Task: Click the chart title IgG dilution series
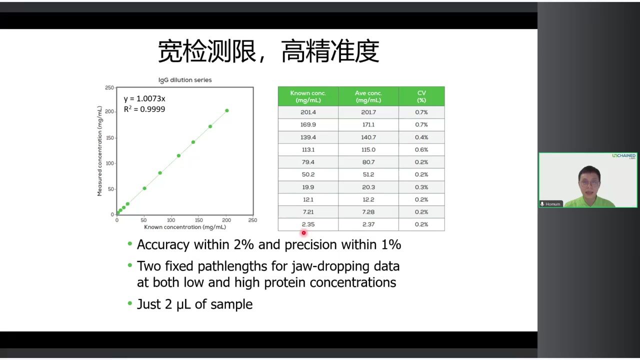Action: pos(185,80)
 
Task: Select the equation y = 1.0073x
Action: pos(144,98)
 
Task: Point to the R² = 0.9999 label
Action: pos(144,109)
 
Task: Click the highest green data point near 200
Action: pos(227,110)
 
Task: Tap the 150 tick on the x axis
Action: pos(198,220)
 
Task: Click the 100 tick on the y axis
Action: pos(109,163)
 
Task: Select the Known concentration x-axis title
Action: pos(185,227)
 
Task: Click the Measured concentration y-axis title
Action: pos(99,151)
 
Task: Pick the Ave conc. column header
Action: pos(368,96)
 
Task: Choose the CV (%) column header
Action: pos(421,96)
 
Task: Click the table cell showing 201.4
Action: pos(308,112)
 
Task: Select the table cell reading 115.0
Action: pos(368,149)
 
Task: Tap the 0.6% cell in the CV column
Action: pos(421,149)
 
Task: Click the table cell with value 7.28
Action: pos(368,212)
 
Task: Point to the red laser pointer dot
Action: pos(303,233)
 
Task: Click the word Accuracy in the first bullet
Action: pos(163,245)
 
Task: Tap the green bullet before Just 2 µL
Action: pos(130,303)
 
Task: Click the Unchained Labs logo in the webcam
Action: pos(623,156)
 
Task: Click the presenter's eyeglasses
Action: pos(589,183)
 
